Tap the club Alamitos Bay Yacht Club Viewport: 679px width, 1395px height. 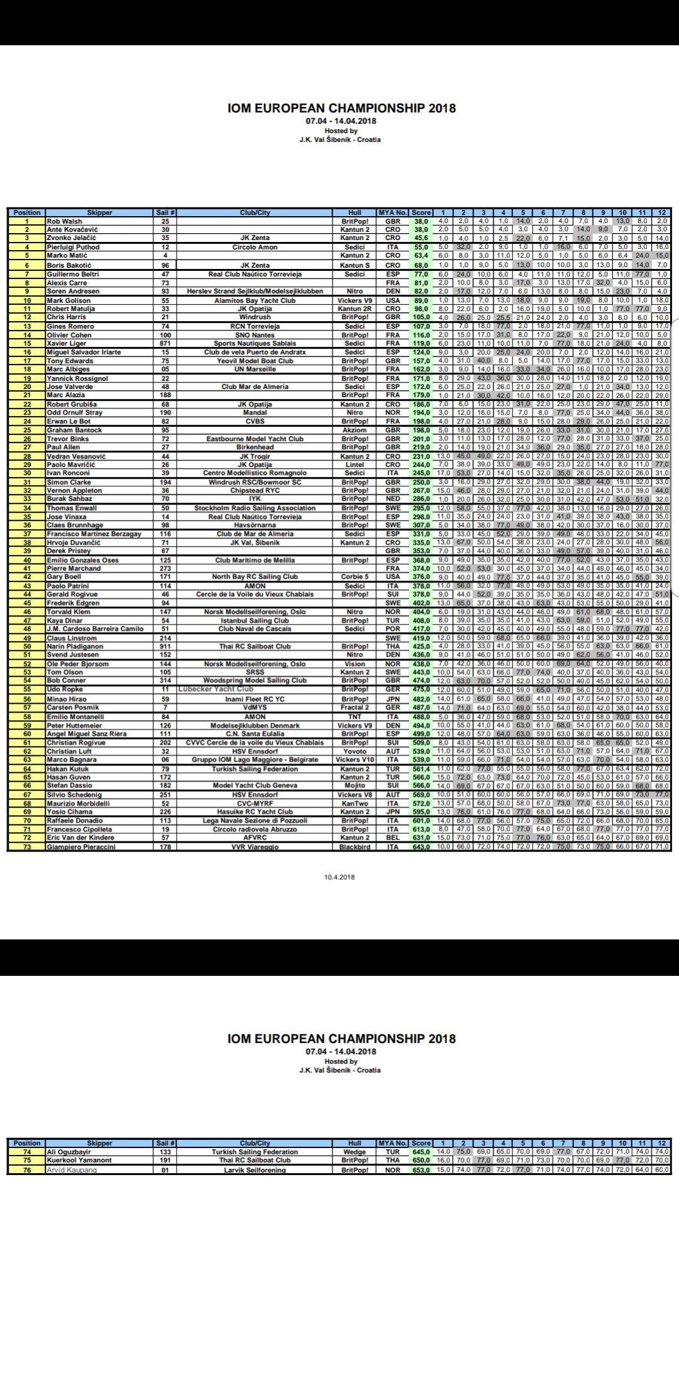255,300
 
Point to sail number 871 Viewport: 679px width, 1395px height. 165,344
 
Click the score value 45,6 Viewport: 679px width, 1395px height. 421,238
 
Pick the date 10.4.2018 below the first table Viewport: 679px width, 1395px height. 339,877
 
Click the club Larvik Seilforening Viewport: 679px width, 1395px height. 255,1169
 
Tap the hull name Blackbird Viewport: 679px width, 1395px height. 355,847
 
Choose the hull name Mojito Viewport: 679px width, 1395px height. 355,785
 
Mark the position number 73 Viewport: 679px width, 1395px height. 26,847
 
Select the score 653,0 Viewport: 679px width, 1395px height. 421,1169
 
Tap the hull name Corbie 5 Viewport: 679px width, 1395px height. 355,577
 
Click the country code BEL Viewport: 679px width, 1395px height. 393,838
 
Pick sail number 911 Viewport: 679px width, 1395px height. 165,646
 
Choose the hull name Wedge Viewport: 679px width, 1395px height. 355,1152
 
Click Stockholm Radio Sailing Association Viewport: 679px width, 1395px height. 255,508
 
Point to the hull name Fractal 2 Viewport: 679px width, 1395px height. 355,708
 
